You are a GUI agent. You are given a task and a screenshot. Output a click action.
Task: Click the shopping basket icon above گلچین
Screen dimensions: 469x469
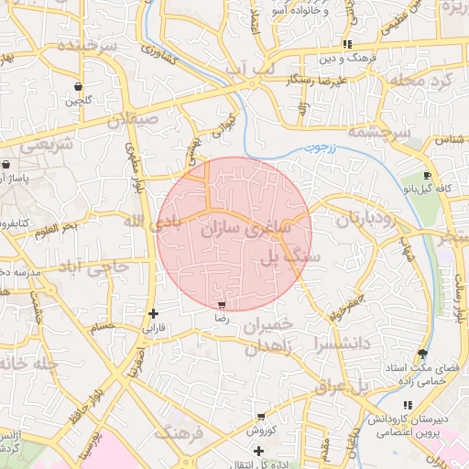[80, 86]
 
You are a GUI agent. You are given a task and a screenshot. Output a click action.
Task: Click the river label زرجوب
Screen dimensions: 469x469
[321, 146]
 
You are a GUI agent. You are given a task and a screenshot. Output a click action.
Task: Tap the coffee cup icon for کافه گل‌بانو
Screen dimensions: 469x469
[428, 176]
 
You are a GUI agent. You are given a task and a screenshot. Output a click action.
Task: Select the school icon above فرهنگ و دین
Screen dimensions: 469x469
[347, 44]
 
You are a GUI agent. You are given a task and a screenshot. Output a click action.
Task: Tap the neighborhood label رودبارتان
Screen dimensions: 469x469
[344, 221]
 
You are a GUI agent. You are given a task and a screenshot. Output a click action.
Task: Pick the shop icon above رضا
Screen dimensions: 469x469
[221, 304]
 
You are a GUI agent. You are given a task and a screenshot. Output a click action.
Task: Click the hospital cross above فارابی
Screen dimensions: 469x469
[153, 313]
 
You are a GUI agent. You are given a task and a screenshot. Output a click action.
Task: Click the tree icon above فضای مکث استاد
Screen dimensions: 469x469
[422, 354]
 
